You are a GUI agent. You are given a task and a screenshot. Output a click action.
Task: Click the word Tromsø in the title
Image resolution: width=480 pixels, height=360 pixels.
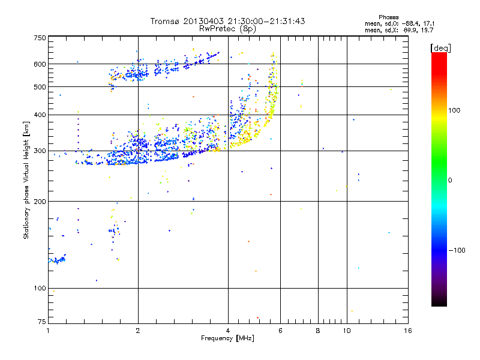(166, 21)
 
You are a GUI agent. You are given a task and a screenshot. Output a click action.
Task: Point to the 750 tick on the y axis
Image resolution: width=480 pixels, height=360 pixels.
(40, 37)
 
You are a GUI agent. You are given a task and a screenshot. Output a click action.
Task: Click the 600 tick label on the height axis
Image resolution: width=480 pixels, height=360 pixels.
(40, 64)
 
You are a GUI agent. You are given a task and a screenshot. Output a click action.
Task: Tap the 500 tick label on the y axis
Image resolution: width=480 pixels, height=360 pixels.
(40, 87)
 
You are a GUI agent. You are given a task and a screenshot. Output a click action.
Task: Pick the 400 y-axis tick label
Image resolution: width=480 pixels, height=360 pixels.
(40, 115)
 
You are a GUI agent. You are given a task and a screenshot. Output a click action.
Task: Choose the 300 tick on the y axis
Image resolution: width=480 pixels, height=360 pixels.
(40, 151)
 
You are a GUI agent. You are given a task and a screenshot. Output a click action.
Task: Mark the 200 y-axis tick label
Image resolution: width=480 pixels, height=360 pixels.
(40, 202)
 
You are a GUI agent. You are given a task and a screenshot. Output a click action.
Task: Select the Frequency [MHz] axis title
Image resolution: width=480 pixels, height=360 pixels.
(227, 339)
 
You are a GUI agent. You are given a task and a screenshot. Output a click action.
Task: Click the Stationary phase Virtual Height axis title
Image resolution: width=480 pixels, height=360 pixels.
(26, 180)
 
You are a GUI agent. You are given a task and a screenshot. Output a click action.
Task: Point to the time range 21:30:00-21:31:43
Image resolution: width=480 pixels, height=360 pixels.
(266, 21)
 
